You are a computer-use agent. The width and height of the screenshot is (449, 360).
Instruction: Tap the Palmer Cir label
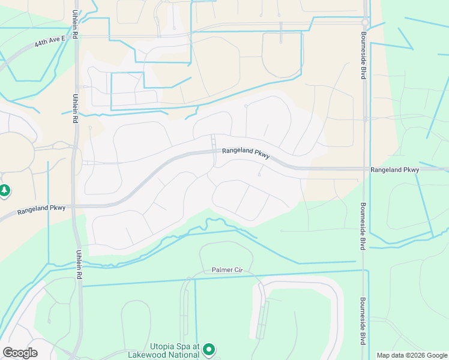pyautogui.click(x=226, y=270)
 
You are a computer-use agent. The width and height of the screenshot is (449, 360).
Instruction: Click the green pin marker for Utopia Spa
pyautogui.click(x=209, y=349)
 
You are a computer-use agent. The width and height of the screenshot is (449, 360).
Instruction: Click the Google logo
pyautogui.click(x=20, y=353)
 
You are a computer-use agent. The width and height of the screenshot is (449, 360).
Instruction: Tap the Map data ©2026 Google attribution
pyautogui.click(x=412, y=355)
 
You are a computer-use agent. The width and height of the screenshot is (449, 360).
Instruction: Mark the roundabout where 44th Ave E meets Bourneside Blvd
pyautogui.click(x=364, y=23)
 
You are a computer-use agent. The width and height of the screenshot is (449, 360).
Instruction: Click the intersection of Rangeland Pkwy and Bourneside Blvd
pyautogui.click(x=364, y=170)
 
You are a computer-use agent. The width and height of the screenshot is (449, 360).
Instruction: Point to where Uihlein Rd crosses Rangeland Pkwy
pyautogui.click(x=76, y=206)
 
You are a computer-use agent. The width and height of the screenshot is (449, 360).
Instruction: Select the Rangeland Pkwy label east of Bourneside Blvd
pyautogui.click(x=394, y=170)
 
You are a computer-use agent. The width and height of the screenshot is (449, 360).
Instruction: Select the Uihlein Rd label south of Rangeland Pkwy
pyautogui.click(x=78, y=268)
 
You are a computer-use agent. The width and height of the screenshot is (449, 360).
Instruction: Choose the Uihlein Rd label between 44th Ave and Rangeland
pyautogui.click(x=76, y=106)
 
